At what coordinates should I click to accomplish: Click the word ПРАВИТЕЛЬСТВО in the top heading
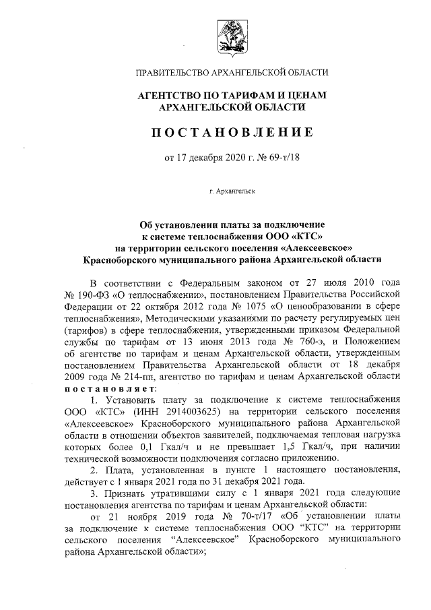(x=175, y=73)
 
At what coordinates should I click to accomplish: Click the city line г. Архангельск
(x=232, y=192)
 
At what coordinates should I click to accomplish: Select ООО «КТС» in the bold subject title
(x=294, y=235)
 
